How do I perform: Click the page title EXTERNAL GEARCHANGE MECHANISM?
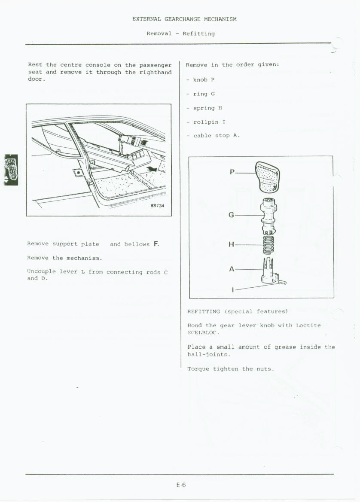coord(184,19)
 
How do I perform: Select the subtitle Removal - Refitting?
coord(180,33)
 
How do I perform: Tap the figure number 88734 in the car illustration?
coord(157,206)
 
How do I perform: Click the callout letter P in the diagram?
coord(232,172)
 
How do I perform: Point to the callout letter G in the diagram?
coord(231,215)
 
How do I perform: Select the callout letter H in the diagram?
coord(231,245)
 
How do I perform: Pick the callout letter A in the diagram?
coord(232,269)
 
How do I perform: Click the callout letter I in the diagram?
coord(232,290)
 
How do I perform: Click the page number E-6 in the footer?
coord(181,485)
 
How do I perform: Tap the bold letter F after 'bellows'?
coord(156,244)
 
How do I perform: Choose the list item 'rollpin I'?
coord(209,122)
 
